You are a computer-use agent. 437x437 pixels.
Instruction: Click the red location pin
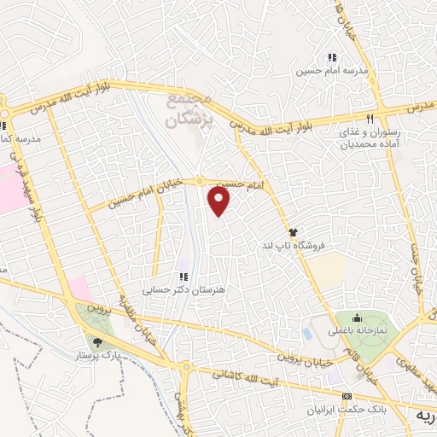(x=220, y=201)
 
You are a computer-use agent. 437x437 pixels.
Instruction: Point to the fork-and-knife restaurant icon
(x=370, y=119)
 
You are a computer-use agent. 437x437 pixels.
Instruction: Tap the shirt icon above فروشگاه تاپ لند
(x=293, y=231)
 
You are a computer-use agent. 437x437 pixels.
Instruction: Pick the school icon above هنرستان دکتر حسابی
(x=183, y=276)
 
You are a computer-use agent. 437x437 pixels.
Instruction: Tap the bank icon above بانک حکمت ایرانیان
(x=346, y=398)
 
